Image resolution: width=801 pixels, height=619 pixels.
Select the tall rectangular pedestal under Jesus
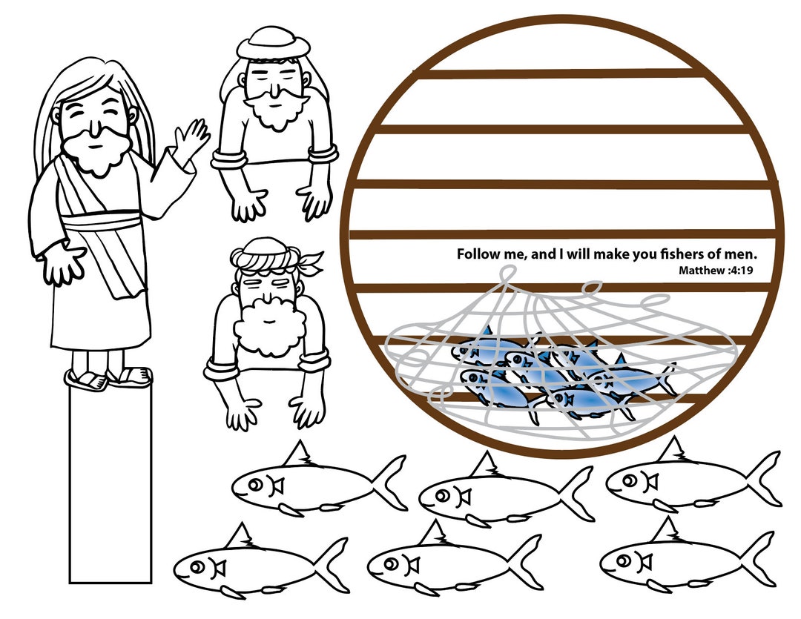click(111, 483)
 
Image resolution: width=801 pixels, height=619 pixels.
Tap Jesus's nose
click(94, 130)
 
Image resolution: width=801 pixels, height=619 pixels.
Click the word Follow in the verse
click(475, 254)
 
